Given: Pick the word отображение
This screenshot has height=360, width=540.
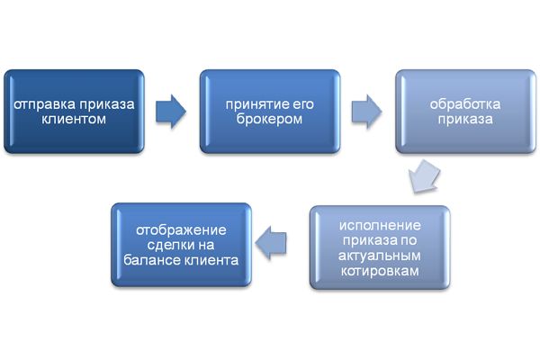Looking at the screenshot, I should [x=181, y=229].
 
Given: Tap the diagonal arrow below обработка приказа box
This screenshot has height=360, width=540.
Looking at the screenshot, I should [x=423, y=176].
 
